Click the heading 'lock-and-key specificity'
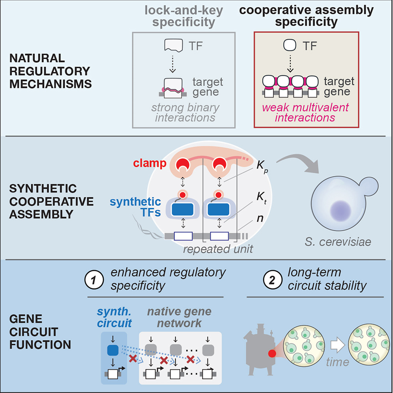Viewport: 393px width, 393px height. [184, 17]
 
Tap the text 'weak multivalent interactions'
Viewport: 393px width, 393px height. [306, 112]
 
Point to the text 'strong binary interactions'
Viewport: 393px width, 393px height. [184, 112]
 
